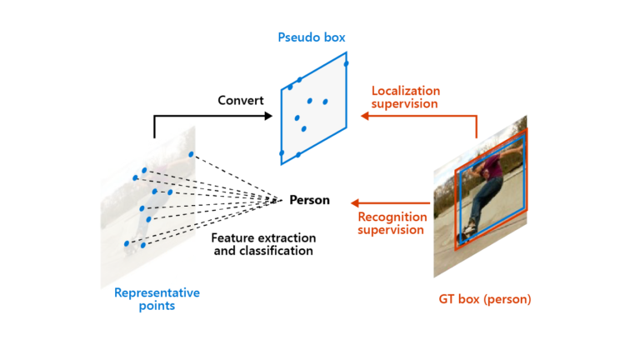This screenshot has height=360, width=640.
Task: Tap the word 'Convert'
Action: coord(241,101)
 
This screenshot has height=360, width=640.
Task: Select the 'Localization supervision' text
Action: coord(406,97)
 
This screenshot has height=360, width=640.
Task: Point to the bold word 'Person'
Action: coord(309,200)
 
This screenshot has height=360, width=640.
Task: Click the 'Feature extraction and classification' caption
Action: coord(262,243)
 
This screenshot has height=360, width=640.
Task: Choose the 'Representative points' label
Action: coord(157,299)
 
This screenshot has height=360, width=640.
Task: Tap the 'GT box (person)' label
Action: coord(484,298)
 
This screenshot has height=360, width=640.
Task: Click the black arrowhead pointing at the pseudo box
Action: coord(268,116)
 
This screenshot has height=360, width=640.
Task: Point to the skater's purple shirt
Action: coord(492,172)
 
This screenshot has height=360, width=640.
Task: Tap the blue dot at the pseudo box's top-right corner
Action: coord(346,63)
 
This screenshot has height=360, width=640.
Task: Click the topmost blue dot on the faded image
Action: coord(191,155)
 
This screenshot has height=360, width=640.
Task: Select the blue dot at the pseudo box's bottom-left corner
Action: coord(282,153)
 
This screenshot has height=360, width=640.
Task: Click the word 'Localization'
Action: coord(406,91)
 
